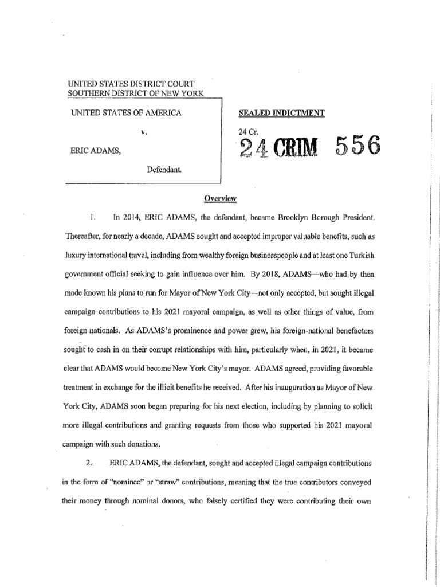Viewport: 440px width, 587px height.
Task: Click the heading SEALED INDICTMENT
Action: tap(281, 114)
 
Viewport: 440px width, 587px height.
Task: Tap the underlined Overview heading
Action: tap(221, 198)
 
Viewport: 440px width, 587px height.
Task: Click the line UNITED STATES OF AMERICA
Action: tap(125, 113)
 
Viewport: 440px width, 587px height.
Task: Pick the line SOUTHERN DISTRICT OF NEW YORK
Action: tap(135, 93)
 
